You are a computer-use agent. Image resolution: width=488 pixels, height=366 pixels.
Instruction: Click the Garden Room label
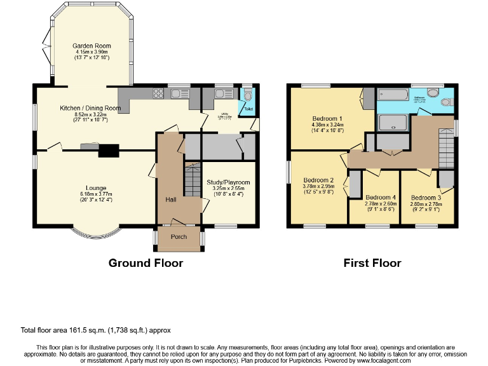(x=91, y=46)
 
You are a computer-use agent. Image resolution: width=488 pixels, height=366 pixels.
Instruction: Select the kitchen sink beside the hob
(x=178, y=95)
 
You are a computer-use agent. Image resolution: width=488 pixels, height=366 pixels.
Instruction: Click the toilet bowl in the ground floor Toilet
(x=248, y=96)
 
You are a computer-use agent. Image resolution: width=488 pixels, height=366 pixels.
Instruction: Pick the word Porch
(x=179, y=237)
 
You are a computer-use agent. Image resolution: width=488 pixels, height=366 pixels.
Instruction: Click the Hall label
(x=171, y=200)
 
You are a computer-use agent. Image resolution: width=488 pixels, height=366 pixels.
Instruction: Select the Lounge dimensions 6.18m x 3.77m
(x=96, y=194)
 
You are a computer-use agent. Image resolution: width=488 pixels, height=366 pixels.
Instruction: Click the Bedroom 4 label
(x=381, y=197)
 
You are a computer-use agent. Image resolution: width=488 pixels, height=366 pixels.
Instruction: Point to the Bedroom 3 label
(x=425, y=197)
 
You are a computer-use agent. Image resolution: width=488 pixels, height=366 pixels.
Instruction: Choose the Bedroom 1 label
(x=327, y=118)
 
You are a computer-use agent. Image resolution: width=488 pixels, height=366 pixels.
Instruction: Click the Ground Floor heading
(x=146, y=262)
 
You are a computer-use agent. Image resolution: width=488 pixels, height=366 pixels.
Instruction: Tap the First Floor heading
(x=372, y=262)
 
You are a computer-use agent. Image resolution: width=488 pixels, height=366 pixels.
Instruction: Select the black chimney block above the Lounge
(x=109, y=151)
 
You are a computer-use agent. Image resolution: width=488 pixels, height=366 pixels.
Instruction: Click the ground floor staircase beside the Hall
(x=192, y=179)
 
